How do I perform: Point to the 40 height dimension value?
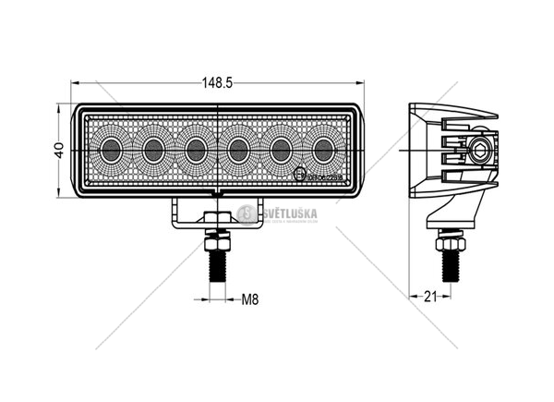[x=57, y=149]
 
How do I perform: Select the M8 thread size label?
[x=248, y=298]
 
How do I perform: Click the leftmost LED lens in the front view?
[x=112, y=148]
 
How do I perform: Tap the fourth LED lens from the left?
[x=238, y=148]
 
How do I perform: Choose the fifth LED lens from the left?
[x=281, y=148]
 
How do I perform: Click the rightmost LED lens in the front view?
[x=323, y=148]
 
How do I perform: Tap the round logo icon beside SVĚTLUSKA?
[x=246, y=214]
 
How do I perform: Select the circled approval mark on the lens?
[x=299, y=174]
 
